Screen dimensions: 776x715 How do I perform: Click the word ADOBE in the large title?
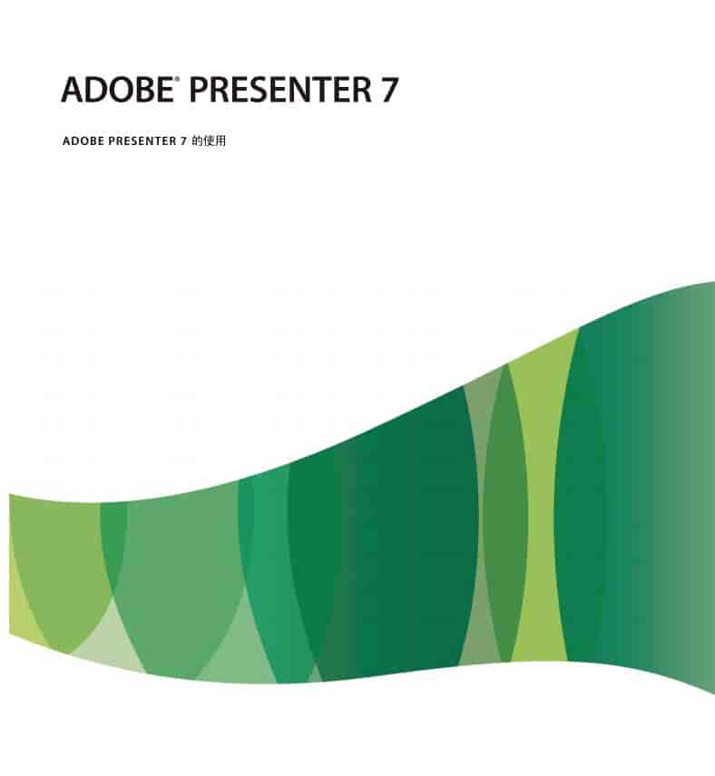pos(116,90)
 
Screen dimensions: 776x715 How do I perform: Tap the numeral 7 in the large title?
pos(388,90)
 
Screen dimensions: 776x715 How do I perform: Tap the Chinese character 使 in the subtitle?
pos(209,141)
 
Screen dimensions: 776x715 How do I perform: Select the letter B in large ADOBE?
pos(142,90)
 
